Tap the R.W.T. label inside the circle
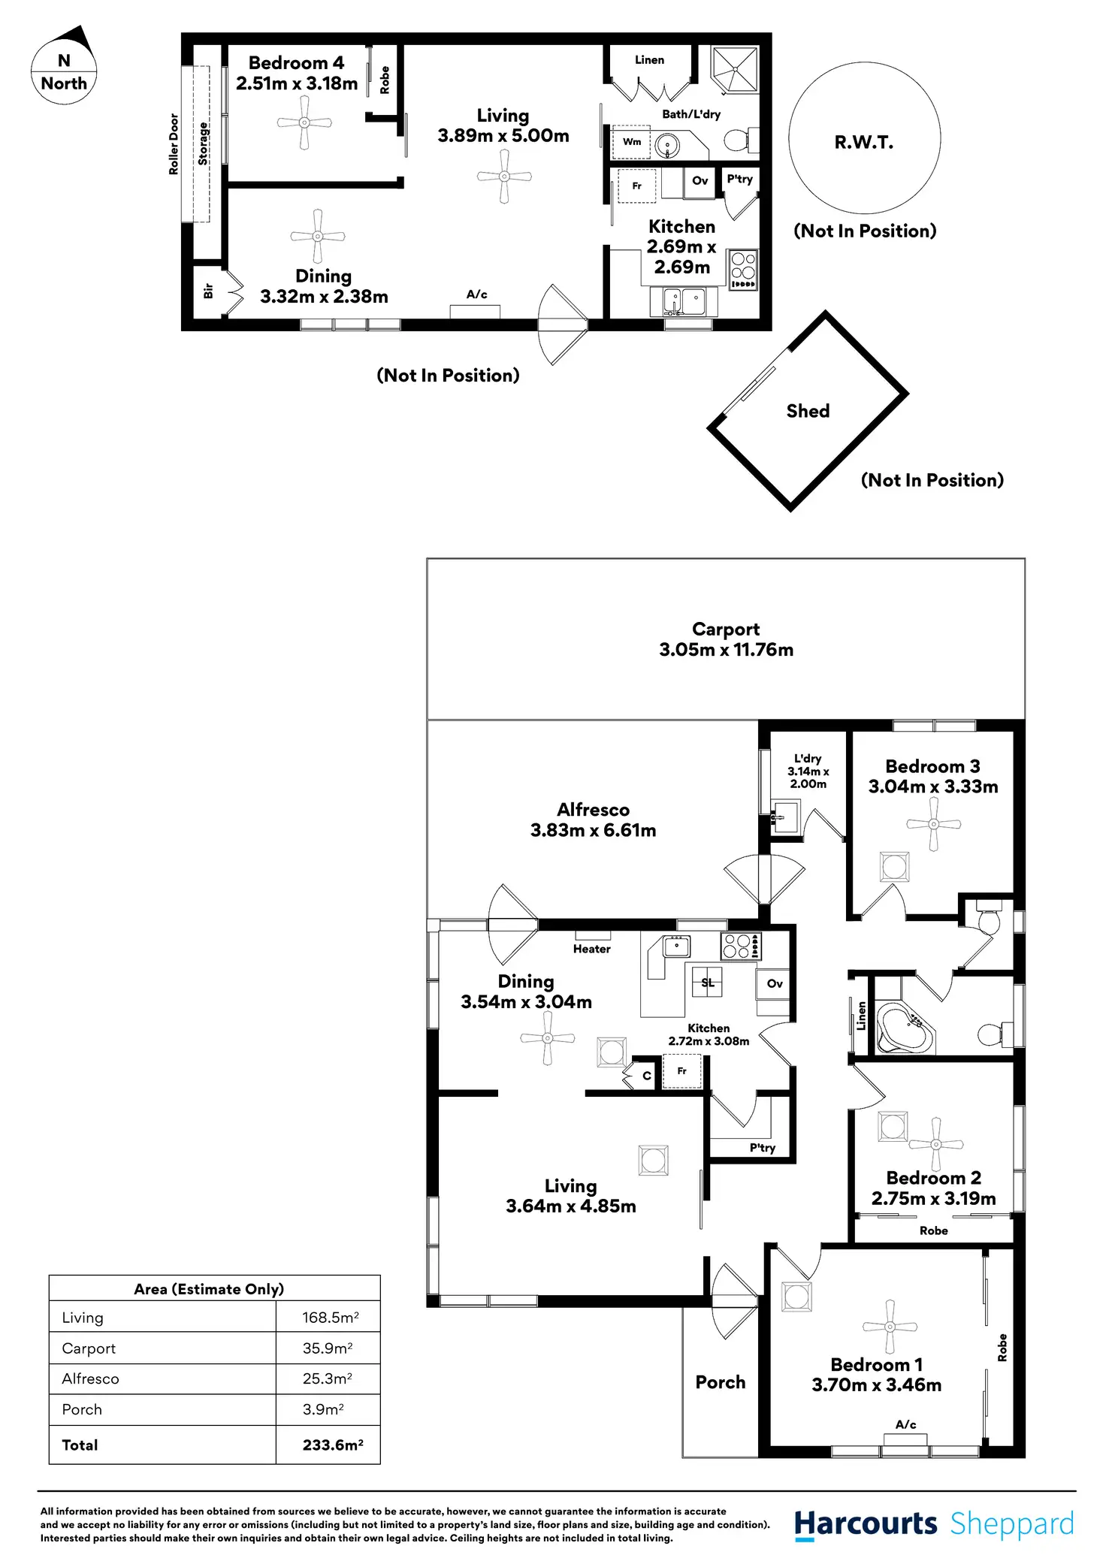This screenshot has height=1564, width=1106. pos(863,143)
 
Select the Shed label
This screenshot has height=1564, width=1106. pos(808,411)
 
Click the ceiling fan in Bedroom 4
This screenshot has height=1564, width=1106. pos(304,122)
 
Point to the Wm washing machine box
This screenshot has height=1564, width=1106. pos(631,142)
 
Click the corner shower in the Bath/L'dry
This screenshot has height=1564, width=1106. pos(734,69)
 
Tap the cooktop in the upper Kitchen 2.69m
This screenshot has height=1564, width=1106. pos(742,270)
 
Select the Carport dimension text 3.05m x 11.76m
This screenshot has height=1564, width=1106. pos(726,650)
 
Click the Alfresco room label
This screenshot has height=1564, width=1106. pos(593,810)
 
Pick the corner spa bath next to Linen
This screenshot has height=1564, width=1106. pos(905,1027)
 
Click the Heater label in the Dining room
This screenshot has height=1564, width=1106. pos(591,949)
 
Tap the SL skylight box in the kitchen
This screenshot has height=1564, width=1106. pos(707,982)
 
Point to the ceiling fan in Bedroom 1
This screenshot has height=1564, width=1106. pos(890,1327)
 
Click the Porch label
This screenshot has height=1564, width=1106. pos(720,1382)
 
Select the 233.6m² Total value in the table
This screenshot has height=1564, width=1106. pos(332,1445)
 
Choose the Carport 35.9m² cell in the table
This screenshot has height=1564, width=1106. pos(328,1348)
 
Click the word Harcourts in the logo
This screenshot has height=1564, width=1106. pos(866,1523)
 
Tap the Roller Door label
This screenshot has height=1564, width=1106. pos(174,144)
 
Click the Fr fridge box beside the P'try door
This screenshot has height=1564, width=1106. pos(681,1071)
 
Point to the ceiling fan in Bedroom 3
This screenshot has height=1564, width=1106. pos(933,824)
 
